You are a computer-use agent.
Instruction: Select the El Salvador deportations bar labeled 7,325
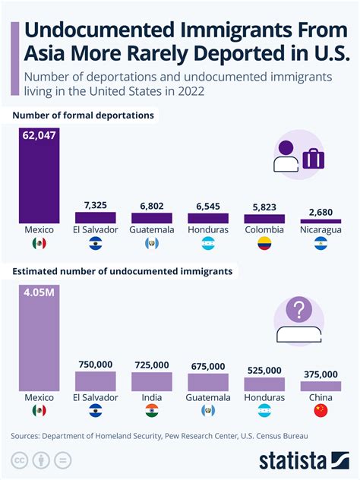(x=95, y=217)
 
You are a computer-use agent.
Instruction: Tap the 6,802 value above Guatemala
(x=152, y=206)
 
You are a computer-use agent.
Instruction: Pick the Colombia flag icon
(x=264, y=243)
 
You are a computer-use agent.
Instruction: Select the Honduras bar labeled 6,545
(x=208, y=217)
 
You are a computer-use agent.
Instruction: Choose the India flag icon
(x=152, y=411)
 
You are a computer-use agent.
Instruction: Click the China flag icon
(x=321, y=411)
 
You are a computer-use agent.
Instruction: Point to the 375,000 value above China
(x=321, y=374)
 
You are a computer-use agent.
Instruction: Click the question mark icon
(x=298, y=311)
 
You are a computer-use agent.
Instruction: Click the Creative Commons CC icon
(x=17, y=460)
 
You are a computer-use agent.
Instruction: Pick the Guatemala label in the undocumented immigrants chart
(x=208, y=397)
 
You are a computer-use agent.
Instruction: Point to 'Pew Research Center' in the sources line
(x=194, y=436)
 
